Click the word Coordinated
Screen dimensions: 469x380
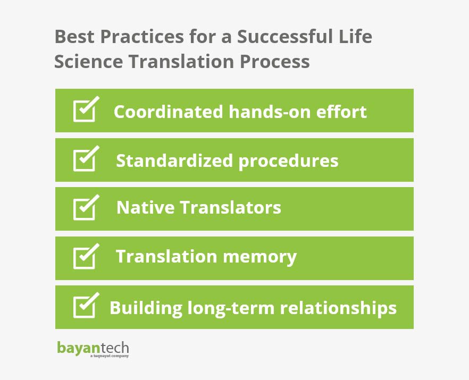pos(169,112)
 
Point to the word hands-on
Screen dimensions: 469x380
pos(270,112)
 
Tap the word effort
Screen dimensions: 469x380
pos(341,112)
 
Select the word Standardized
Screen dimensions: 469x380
pos(174,161)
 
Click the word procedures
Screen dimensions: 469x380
pos(288,162)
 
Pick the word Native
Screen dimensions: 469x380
pos(146,207)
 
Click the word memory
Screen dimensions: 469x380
pos(259,257)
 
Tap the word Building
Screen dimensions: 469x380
pos(146,308)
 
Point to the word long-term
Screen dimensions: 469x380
pos(231,308)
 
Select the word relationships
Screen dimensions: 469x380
pos(338,308)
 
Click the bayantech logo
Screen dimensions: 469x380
pos(93,349)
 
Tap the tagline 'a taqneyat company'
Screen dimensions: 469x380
pos(109,356)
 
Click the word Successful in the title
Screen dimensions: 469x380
pos(285,37)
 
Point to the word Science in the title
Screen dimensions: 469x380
pos(88,62)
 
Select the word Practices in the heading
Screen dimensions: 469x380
pos(142,37)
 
